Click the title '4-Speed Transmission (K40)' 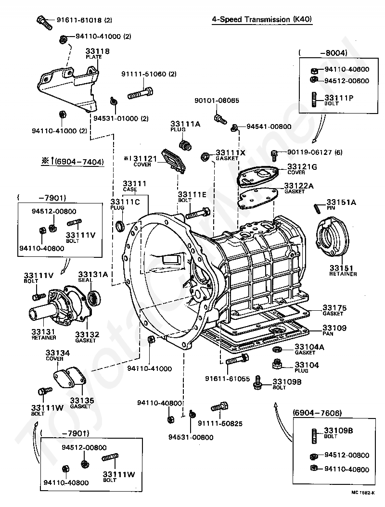(262, 20)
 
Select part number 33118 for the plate (98, 51)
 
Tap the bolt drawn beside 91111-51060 (141, 93)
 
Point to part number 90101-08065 (217, 101)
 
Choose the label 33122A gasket (298, 186)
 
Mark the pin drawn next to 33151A (318, 207)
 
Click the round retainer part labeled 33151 (334, 237)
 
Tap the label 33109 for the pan (334, 328)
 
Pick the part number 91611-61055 (228, 379)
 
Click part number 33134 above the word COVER (58, 353)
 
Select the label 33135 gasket (82, 400)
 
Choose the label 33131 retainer (44, 331)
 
